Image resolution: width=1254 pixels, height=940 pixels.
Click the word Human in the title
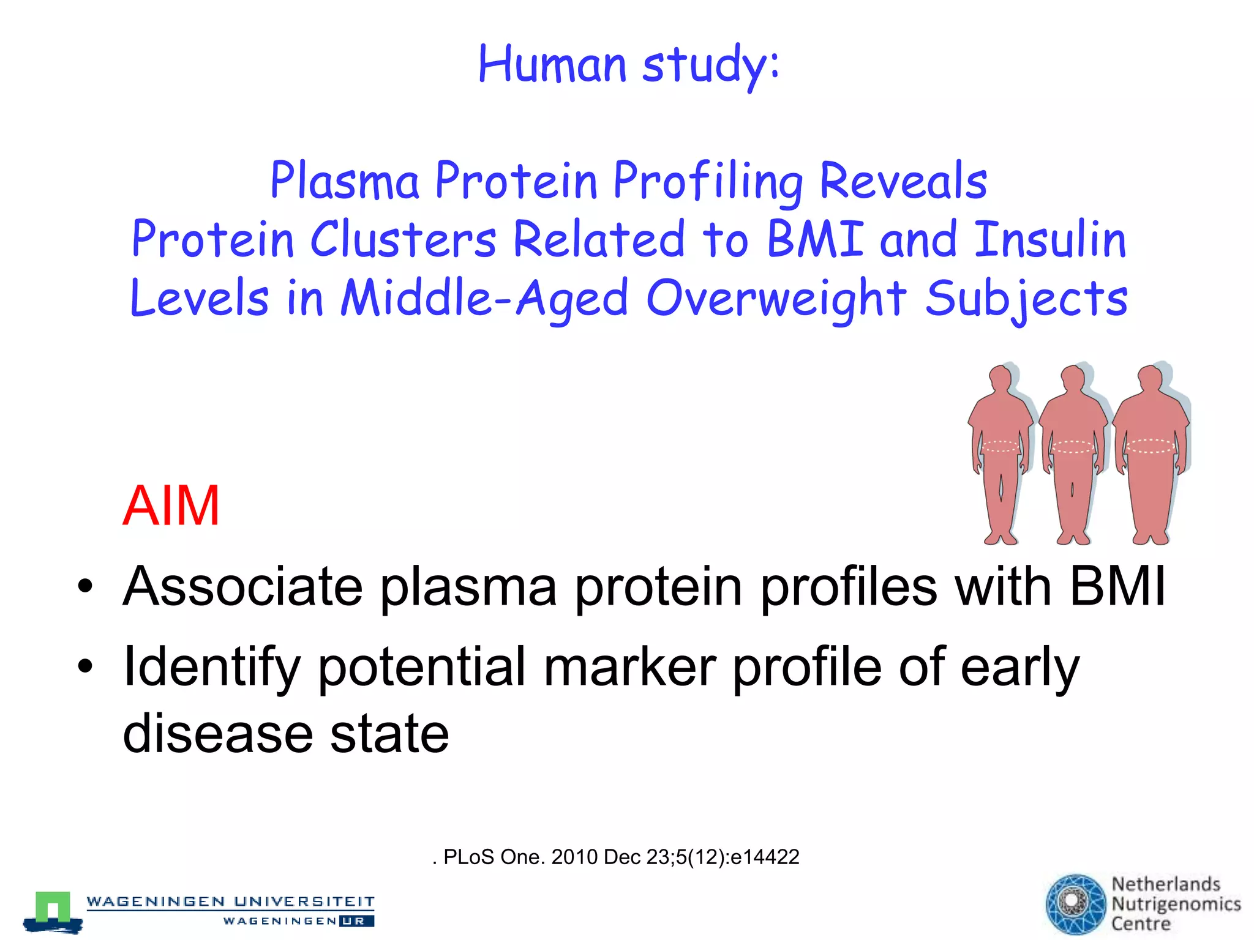pos(552,64)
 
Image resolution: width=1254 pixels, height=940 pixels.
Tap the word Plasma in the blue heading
pos(345,181)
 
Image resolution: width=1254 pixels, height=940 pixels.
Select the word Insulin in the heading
pos(1049,239)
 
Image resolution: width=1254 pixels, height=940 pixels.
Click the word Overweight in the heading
pos(776,299)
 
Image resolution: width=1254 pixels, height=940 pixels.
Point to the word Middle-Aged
pos(484,299)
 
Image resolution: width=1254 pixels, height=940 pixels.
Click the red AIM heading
pos(171,505)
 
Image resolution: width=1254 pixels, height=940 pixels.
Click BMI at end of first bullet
pos(1117,586)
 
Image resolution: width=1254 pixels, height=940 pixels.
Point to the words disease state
pos(285,734)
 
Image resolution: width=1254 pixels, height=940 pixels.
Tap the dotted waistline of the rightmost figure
pos(1150,447)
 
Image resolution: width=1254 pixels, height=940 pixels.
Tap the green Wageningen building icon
pos(53,908)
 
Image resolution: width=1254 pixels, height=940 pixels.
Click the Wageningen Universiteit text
pos(230,901)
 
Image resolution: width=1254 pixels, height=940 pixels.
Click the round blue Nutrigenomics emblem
pos(1076,904)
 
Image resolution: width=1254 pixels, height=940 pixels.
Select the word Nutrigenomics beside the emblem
pos(1176,904)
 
